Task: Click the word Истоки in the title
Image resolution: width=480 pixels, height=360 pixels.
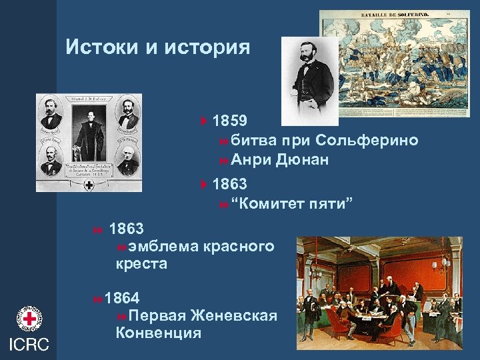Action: [103, 47]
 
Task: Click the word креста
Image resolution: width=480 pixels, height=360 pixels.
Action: [141, 264]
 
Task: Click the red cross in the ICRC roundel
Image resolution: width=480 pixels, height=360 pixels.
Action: [28, 320]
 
